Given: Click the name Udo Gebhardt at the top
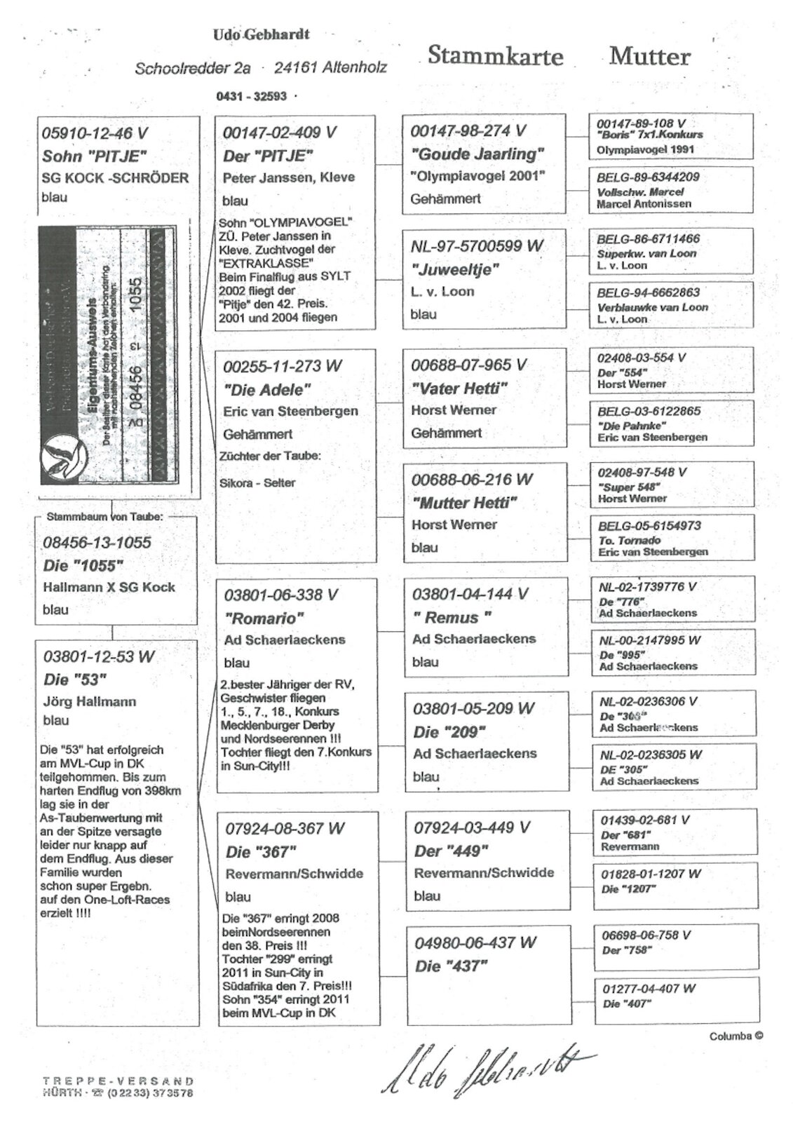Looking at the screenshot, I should (x=261, y=34).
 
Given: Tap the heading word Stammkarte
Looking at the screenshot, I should (x=495, y=55).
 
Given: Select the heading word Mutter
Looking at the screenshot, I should (x=649, y=56).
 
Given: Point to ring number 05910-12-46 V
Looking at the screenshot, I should (x=95, y=133).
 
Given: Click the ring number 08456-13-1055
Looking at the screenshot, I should (x=97, y=542).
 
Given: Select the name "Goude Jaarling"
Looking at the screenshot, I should (x=477, y=154).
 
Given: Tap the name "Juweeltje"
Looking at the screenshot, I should (x=455, y=269).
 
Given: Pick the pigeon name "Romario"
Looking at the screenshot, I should (x=264, y=618).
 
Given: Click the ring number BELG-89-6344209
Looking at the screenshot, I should (x=648, y=177).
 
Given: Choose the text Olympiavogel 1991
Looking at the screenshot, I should (x=644, y=149).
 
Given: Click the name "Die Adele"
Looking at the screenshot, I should (x=266, y=389).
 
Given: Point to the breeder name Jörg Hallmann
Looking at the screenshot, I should (x=89, y=701).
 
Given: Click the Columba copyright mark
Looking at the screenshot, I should (x=736, y=1036).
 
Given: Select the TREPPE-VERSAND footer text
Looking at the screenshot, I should (x=117, y=1081).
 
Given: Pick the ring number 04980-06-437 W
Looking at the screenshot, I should (x=475, y=942).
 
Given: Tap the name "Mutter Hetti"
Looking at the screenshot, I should (x=464, y=503).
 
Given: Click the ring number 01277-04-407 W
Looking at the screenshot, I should (x=649, y=988).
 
